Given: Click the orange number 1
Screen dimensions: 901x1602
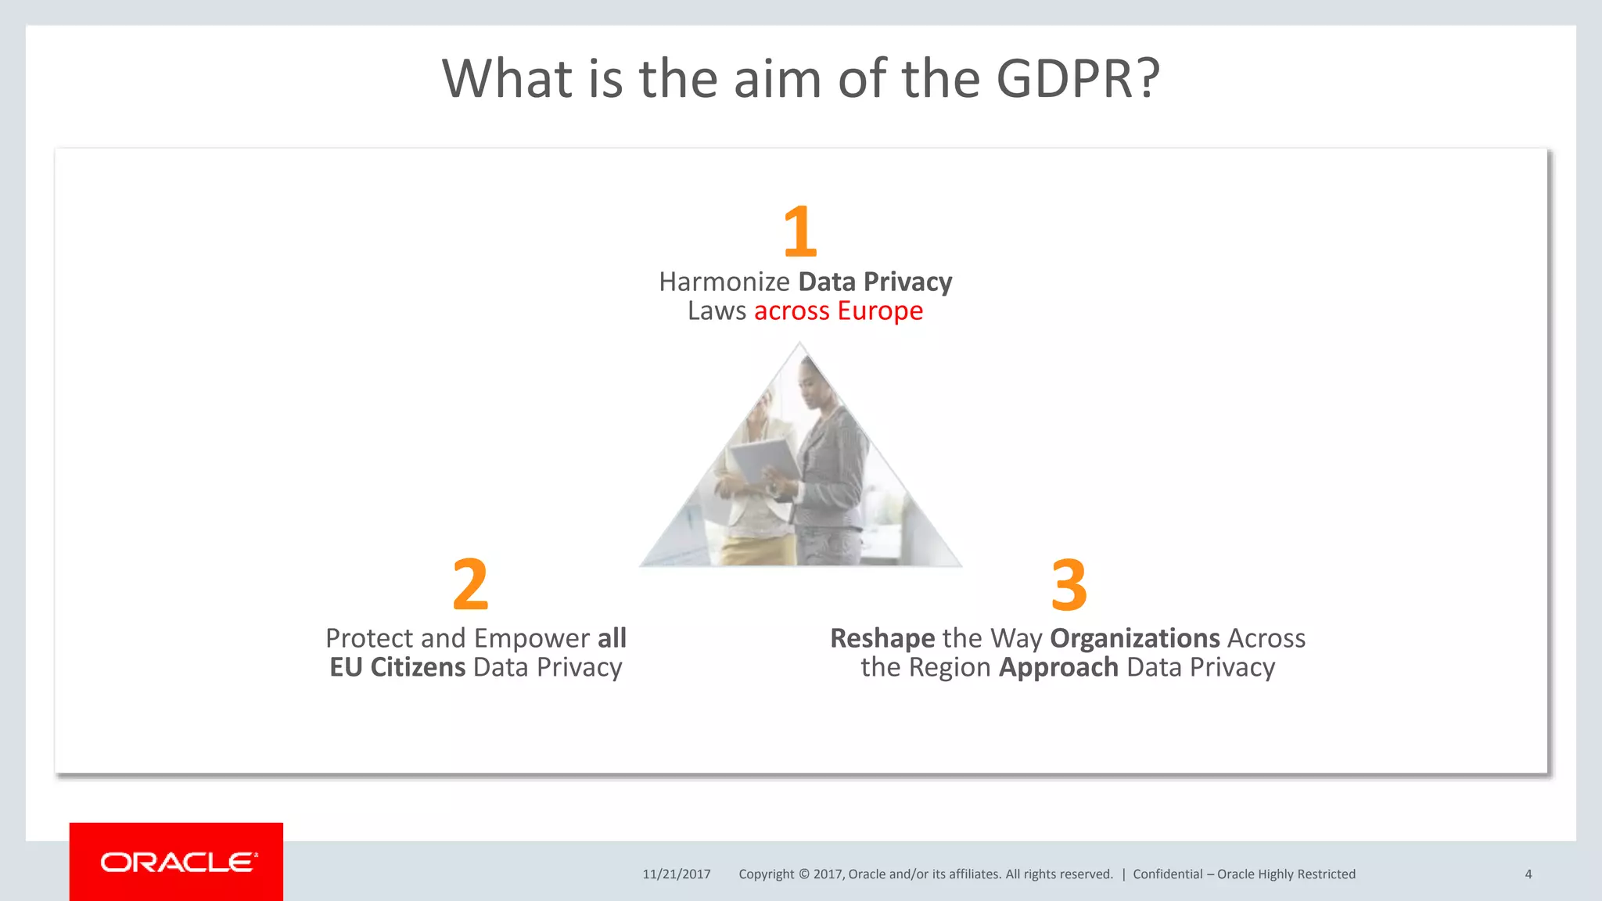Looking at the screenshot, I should [x=800, y=232].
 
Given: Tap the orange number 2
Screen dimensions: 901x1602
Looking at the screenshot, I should [x=470, y=585].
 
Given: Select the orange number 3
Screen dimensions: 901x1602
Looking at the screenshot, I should [x=1069, y=585].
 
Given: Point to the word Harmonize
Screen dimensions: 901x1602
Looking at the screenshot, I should [x=724, y=282].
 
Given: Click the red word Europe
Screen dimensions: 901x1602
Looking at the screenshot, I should [x=880, y=311].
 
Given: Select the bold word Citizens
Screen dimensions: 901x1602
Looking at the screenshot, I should [x=418, y=667].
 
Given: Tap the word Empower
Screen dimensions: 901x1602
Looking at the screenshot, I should [x=532, y=638].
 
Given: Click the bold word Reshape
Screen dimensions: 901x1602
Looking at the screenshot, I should [x=882, y=638].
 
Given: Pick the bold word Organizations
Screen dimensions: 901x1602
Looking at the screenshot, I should [x=1134, y=638].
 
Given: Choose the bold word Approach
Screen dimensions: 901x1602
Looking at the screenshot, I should [x=1058, y=668].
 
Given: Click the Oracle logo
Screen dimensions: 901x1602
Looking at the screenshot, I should [x=177, y=862].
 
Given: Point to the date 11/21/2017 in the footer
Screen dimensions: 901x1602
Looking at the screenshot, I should [x=677, y=874].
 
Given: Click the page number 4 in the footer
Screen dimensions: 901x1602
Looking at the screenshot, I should [x=1528, y=874].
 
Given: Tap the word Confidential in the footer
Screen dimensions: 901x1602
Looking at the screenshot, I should [x=1167, y=874].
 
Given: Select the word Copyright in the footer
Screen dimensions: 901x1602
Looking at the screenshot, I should [x=766, y=874].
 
